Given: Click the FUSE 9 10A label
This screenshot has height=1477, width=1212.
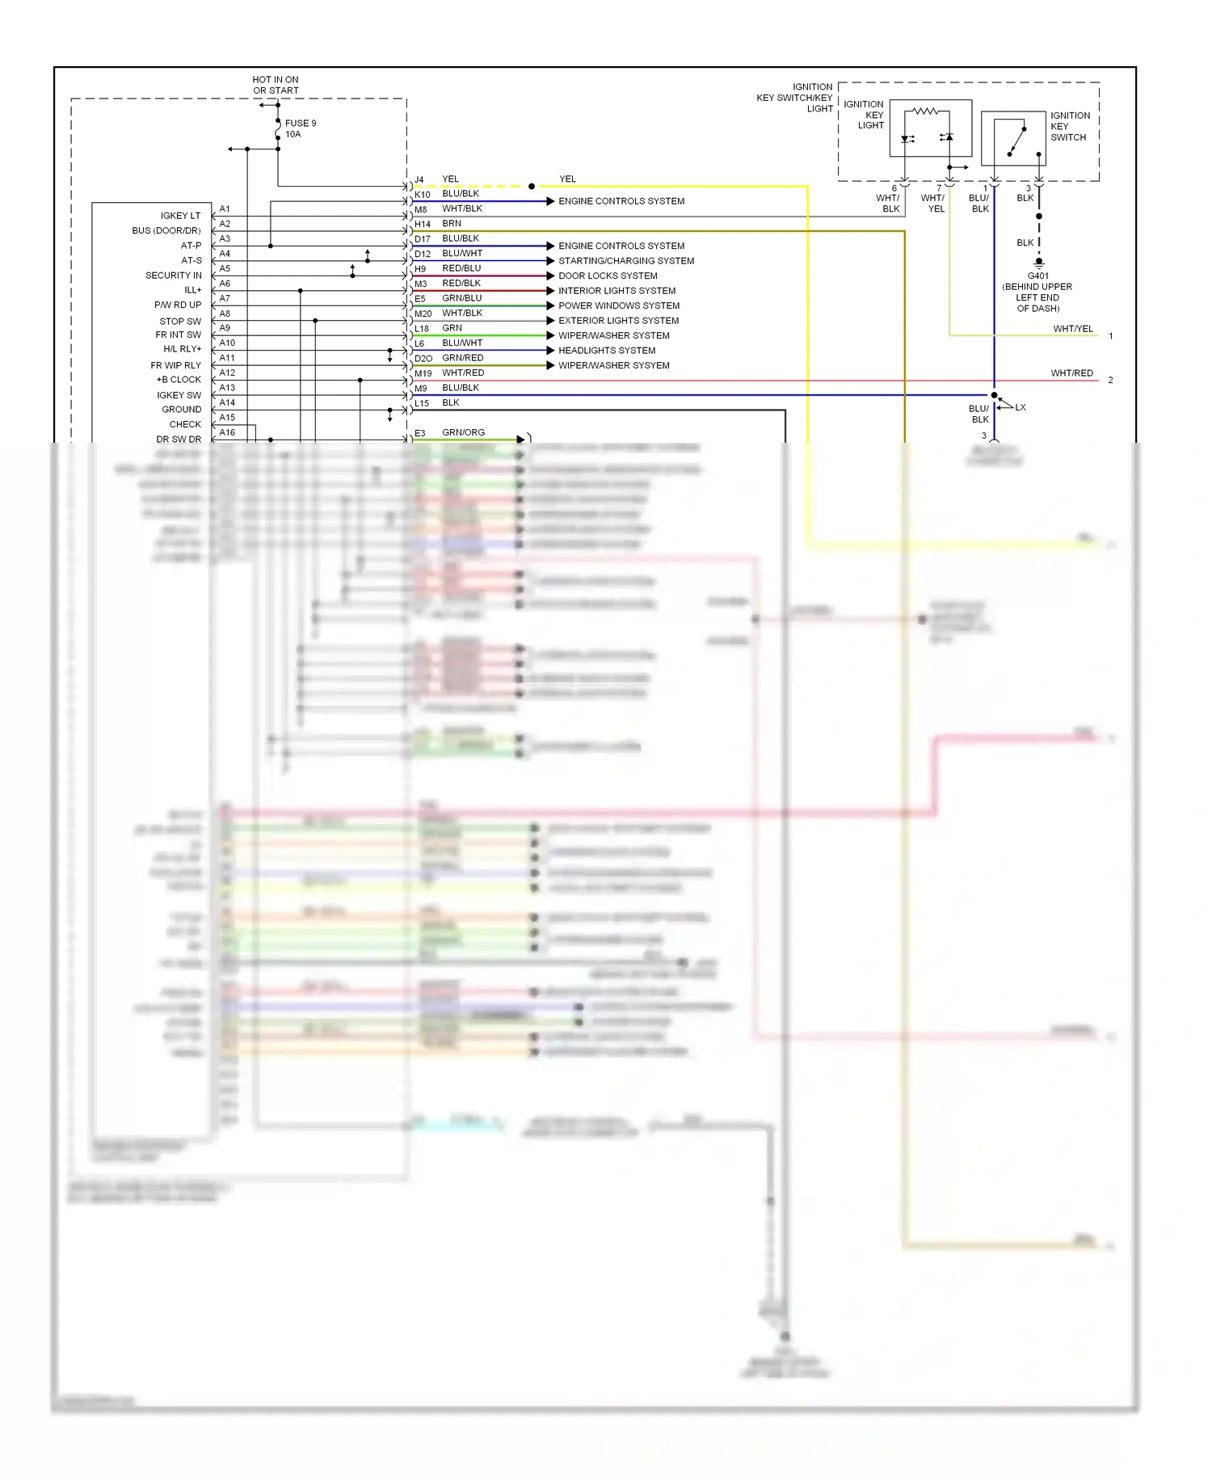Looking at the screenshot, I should pyautogui.click(x=300, y=128).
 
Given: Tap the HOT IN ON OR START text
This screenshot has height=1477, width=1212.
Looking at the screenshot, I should pyautogui.click(x=276, y=85).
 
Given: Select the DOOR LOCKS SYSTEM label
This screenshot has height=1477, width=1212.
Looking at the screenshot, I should pyautogui.click(x=608, y=276).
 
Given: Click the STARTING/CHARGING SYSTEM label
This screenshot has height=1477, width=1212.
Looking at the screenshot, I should pyautogui.click(x=626, y=261).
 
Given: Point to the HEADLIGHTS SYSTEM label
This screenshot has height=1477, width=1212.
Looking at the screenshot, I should pyautogui.click(x=607, y=351).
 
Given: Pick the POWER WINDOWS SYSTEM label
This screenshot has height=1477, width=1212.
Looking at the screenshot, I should pyautogui.click(x=619, y=305).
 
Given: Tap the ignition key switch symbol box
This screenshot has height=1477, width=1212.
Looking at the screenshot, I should pyautogui.click(x=1013, y=139).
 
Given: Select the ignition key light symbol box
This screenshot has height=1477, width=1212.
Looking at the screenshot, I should pyautogui.click(x=930, y=128).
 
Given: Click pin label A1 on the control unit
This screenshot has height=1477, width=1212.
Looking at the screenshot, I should pyautogui.click(x=225, y=208).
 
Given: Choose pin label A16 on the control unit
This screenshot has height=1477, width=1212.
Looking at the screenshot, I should pyautogui.click(x=227, y=432).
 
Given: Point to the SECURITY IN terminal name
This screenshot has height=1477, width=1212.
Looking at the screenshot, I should pyautogui.click(x=173, y=276).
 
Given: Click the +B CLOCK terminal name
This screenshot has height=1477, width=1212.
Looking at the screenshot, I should pyautogui.click(x=179, y=380).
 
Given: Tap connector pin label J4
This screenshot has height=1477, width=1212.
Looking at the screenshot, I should pyautogui.click(x=419, y=180).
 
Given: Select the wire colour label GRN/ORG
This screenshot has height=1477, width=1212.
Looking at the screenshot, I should pyautogui.click(x=463, y=432).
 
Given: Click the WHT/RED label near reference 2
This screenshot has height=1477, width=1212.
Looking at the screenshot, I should pyautogui.click(x=1071, y=373).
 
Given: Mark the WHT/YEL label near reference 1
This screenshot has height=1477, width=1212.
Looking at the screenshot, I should pyautogui.click(x=1072, y=329).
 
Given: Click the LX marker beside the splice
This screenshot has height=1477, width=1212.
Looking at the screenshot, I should pyautogui.click(x=1021, y=407).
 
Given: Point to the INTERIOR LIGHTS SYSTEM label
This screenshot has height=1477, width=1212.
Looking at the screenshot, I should pyautogui.click(x=617, y=291).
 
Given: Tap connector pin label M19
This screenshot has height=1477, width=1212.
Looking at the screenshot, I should pyautogui.click(x=423, y=374).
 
